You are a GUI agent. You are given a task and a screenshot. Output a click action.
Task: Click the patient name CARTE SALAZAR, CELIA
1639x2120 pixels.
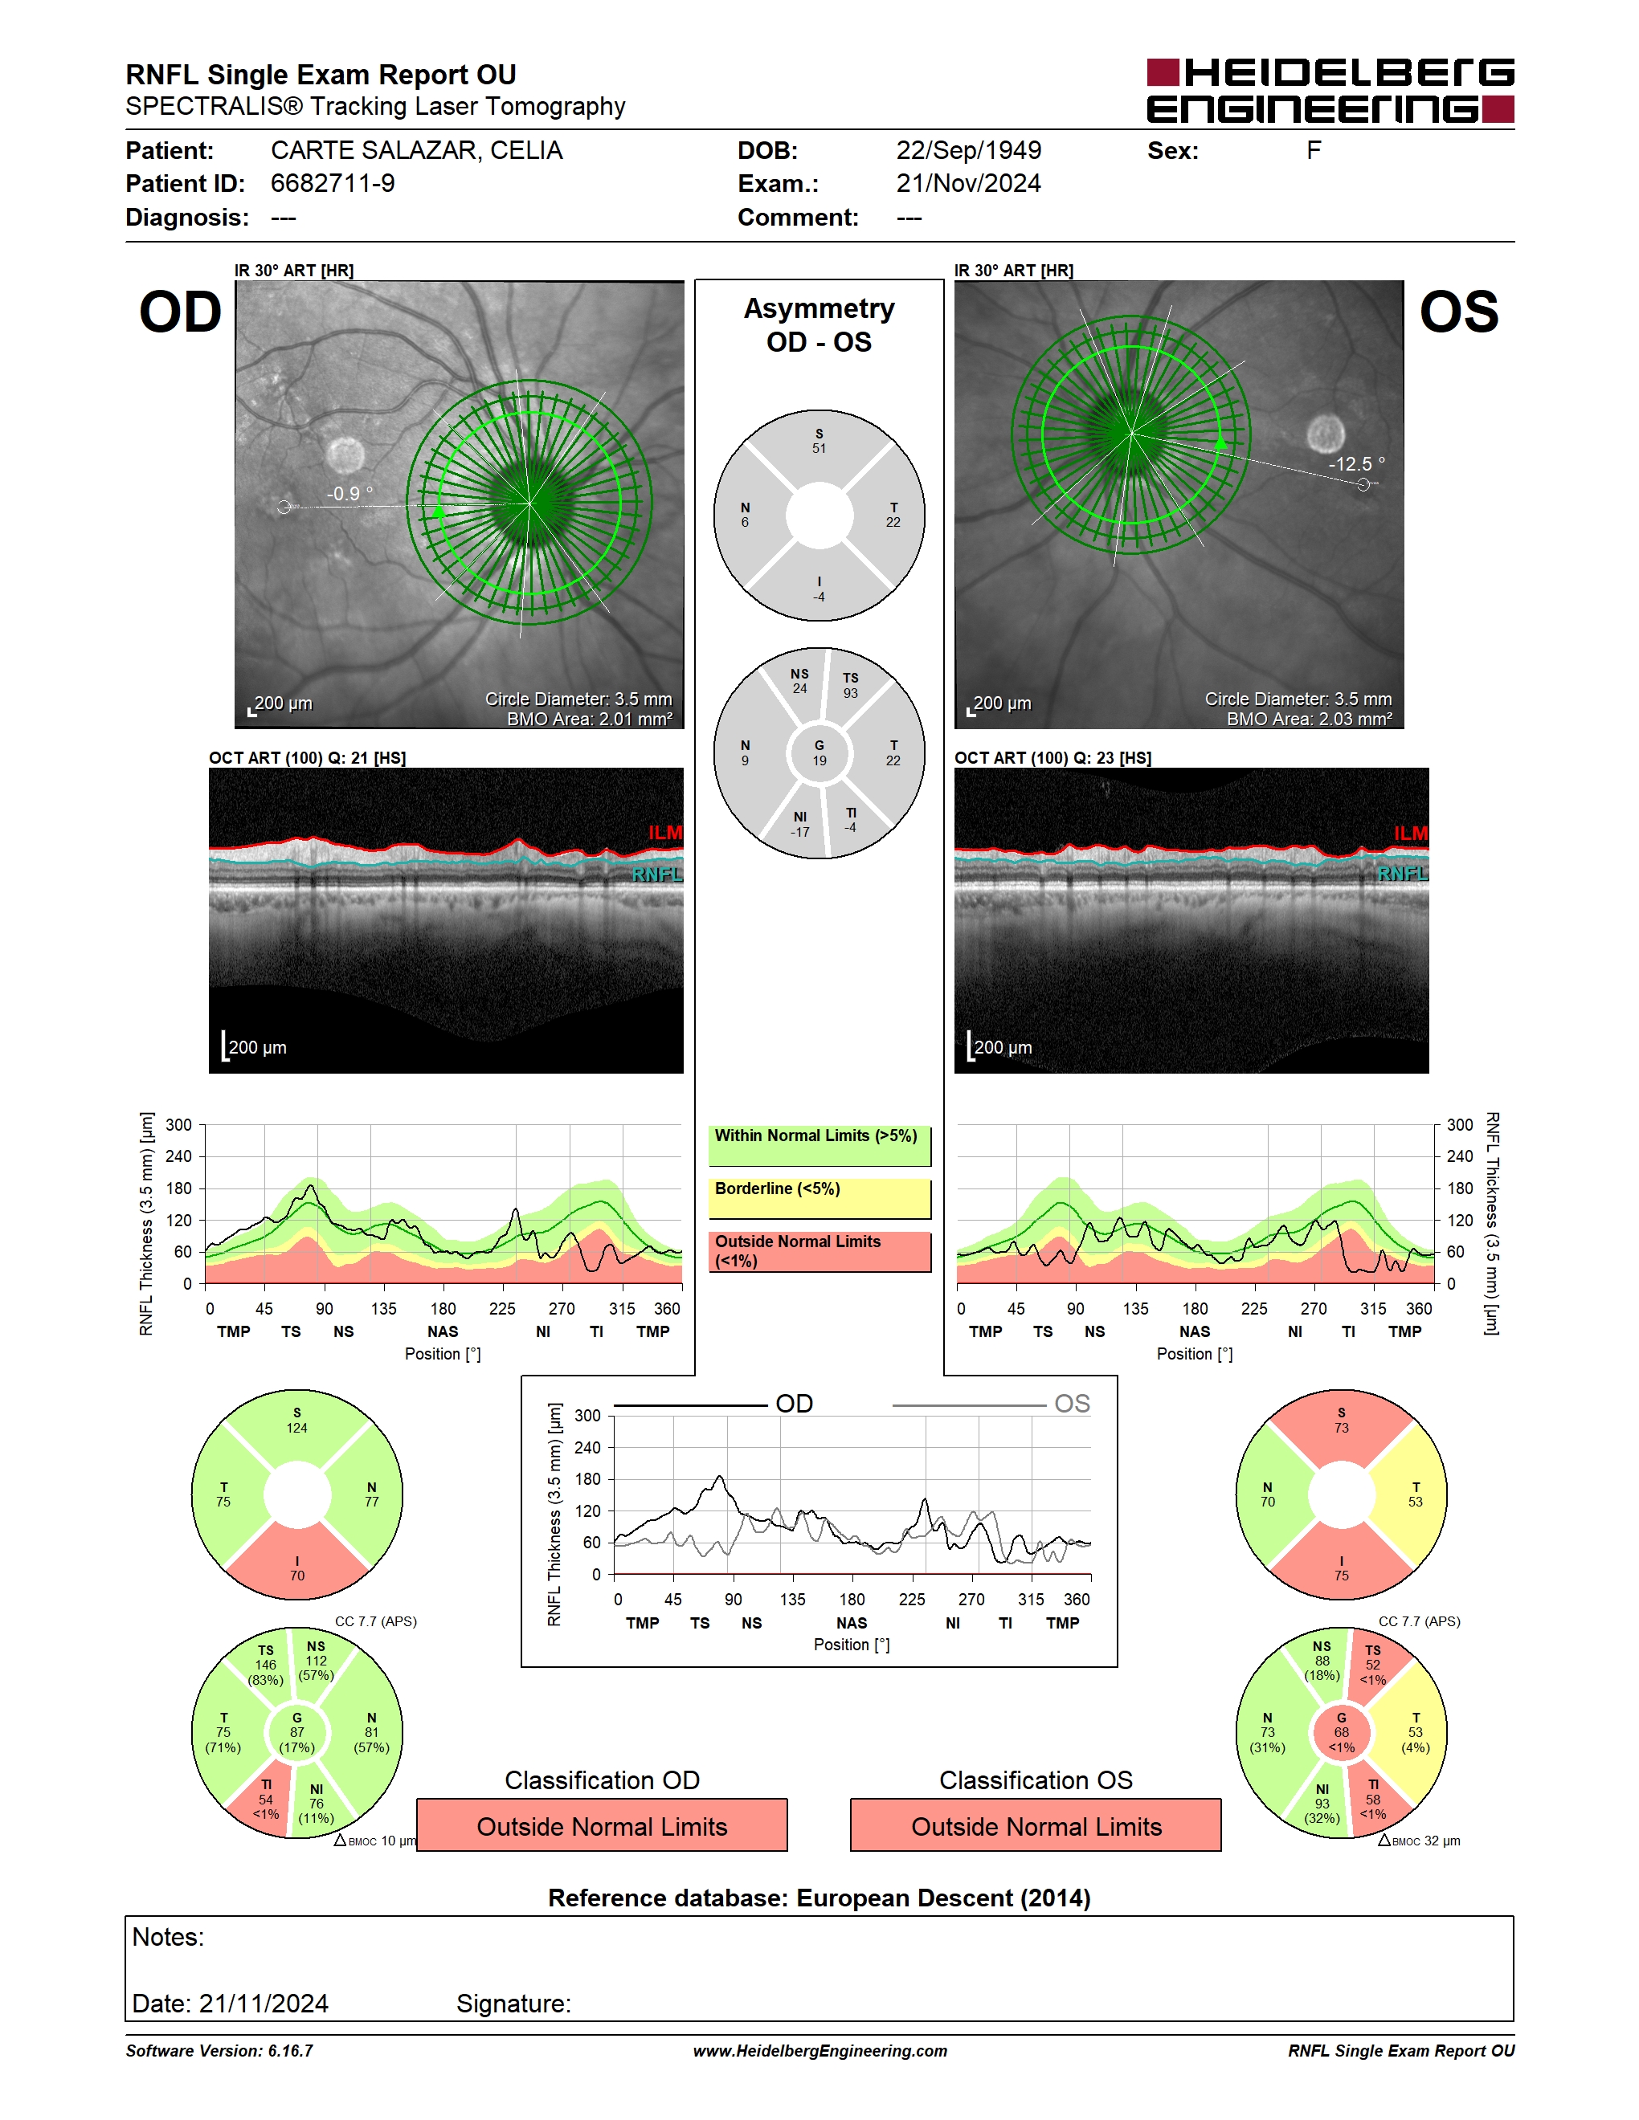point(416,150)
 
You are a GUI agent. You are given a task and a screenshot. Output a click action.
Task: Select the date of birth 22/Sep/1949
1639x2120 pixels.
point(968,150)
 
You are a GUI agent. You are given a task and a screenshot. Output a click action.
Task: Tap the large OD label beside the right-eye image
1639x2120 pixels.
point(181,312)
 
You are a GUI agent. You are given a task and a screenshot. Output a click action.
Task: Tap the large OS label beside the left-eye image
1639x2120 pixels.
point(1458,312)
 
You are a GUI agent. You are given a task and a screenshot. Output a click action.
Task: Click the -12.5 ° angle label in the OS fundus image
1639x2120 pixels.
point(1356,464)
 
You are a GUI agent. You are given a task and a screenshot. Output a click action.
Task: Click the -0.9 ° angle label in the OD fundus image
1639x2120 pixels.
point(349,493)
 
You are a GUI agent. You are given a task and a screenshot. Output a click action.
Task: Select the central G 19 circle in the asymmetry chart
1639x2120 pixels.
point(819,753)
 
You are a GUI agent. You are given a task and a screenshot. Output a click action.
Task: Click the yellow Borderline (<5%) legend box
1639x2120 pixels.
point(819,1199)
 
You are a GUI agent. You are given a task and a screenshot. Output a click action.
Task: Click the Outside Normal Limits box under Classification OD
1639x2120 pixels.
point(602,1826)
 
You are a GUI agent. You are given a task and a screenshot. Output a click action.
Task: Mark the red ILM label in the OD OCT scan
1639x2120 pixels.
point(665,833)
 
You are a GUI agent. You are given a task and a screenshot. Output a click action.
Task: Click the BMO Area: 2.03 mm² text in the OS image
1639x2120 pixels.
point(1309,719)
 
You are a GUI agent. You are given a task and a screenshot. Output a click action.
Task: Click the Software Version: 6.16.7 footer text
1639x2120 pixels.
point(219,2050)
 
